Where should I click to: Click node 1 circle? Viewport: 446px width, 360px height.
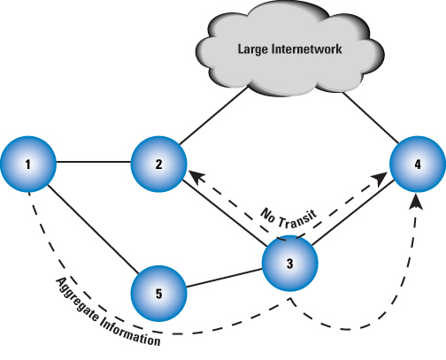tap(28, 165)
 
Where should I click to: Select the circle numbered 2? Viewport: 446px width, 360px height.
tap(158, 165)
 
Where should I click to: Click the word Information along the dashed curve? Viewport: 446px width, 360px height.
tap(133, 333)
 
